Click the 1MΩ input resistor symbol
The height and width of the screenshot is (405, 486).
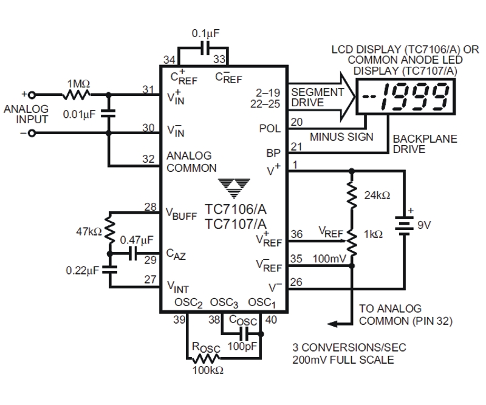click(x=77, y=95)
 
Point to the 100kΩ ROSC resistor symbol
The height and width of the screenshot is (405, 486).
click(x=205, y=358)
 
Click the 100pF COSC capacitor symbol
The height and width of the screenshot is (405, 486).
click(x=245, y=334)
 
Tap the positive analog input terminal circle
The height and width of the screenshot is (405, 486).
click(x=32, y=95)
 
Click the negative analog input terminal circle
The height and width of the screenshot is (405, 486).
click(x=32, y=133)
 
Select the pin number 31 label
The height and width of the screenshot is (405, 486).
click(x=148, y=89)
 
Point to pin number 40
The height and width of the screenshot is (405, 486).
click(x=271, y=319)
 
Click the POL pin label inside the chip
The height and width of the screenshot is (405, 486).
click(x=270, y=128)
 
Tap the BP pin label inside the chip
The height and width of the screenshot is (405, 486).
click(x=273, y=153)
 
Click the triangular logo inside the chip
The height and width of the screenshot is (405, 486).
click(x=234, y=188)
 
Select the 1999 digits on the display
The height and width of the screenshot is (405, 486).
click(x=415, y=97)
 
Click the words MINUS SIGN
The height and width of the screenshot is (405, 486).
click(x=341, y=137)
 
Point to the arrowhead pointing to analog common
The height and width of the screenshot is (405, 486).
click(x=333, y=324)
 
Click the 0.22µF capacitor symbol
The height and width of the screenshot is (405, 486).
click(x=109, y=270)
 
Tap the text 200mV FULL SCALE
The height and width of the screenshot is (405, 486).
click(x=343, y=359)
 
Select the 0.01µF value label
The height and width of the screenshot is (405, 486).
click(x=80, y=114)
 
